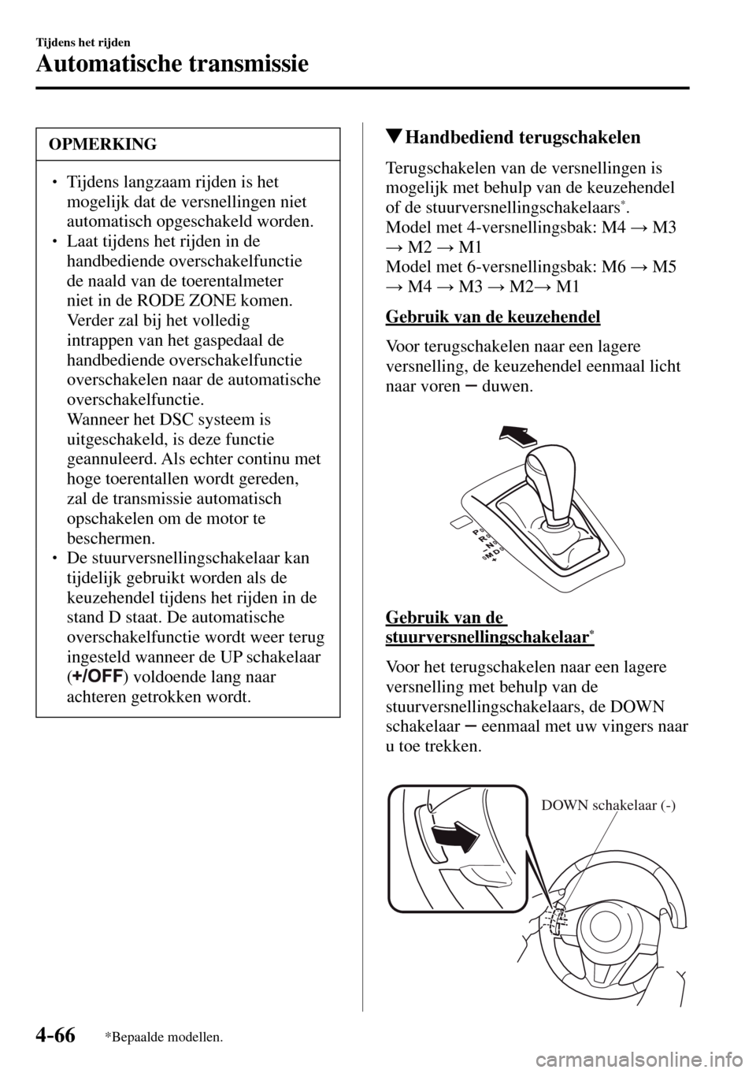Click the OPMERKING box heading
point(102,144)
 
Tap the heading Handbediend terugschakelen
point(522,137)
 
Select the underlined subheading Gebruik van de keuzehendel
point(492,317)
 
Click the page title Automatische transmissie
point(172,62)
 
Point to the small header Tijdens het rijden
point(83,42)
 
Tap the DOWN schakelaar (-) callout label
point(610,804)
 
